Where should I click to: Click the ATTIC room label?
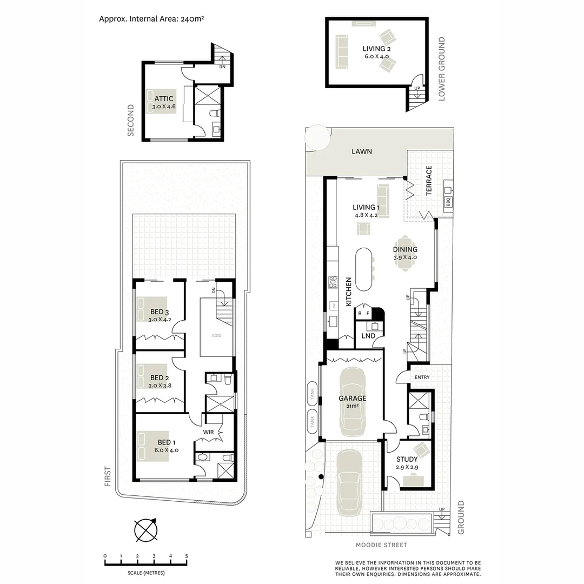coord(164,99)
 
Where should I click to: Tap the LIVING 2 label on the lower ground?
coord(376,49)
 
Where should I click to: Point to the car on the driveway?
coord(349,483)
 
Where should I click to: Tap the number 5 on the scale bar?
coord(187,556)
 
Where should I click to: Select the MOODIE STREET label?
coord(381,545)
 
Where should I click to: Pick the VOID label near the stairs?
coord(216,335)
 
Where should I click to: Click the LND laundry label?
coord(369,336)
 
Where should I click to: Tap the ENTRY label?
coord(422,377)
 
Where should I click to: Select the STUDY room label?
coord(407,460)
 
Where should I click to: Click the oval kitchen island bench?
coord(364,269)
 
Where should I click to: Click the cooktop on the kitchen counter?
coord(333,283)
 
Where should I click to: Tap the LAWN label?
coord(362,151)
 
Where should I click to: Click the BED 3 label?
coord(160,312)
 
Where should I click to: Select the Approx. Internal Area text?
coord(151,18)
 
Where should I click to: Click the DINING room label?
coord(406,249)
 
